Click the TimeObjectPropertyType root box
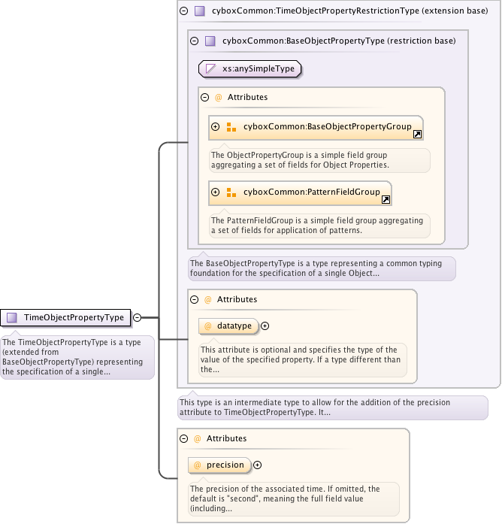pos(65,317)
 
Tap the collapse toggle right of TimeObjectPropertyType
pos(138,317)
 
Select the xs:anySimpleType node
pos(249,69)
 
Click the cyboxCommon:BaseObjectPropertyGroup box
pos(316,127)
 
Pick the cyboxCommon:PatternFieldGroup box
pos(300,192)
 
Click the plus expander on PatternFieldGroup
pos(216,192)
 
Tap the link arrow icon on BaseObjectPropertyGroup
pos(418,135)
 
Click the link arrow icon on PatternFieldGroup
pos(386,200)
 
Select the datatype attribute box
pos(228,326)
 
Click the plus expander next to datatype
pos(265,326)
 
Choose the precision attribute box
pos(219,465)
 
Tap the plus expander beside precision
pos(257,465)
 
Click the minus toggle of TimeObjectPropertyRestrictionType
pos(183,11)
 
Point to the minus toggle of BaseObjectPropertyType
pos(195,41)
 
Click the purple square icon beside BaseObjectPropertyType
pos(210,41)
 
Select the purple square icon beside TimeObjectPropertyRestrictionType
pos(200,11)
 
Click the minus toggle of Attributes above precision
pos(183,438)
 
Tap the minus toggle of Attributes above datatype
pos(195,299)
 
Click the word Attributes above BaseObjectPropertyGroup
pos(247,97)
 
